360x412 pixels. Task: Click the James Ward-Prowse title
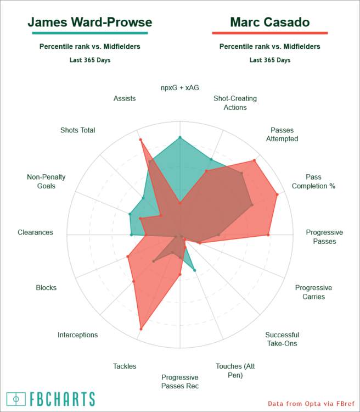90,23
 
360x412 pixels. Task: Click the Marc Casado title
269,23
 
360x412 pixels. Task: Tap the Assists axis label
125,98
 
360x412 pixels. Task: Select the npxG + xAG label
180,87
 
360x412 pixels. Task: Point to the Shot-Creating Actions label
235,103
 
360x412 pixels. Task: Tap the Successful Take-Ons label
282,339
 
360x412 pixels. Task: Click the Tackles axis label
125,366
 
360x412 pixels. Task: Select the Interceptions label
78,335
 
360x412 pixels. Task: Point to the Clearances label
35,232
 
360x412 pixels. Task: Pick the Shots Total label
78,130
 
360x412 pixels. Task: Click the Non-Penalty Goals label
46,181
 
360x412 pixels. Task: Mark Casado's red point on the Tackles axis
141,329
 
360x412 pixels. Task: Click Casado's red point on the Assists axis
140,140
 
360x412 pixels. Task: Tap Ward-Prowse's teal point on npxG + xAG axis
180,137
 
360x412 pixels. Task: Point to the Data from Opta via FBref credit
311,404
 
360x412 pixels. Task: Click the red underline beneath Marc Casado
269,34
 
